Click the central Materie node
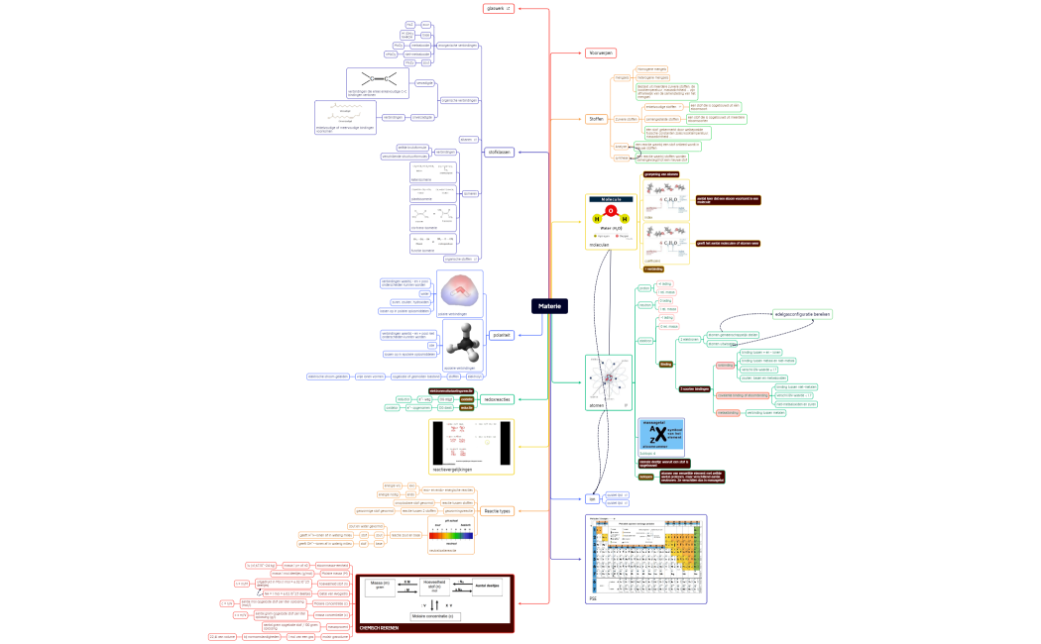pos(549,306)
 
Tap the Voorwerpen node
pos(600,53)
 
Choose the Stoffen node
pos(596,119)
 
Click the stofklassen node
pos(499,153)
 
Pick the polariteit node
pos(502,336)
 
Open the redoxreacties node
pos(496,399)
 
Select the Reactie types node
pos(497,511)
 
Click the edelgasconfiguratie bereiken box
pos(802,314)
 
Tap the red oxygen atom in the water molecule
pos(611,210)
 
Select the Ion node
pos(591,499)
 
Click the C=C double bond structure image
pos(376,80)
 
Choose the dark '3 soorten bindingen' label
pos(694,388)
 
